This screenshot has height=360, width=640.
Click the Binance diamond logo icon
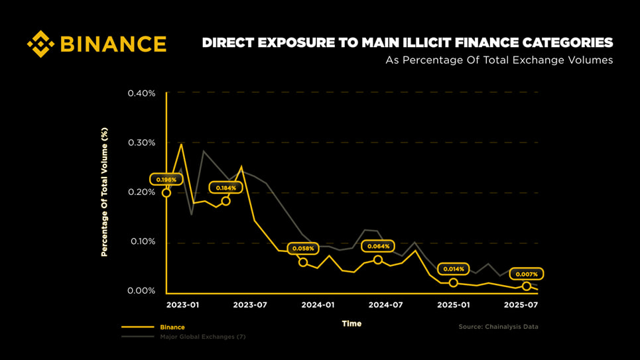pos(40,44)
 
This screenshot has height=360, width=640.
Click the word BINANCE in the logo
pos(113,44)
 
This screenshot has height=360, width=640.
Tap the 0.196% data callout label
pos(166,180)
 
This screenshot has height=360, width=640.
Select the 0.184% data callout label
pos(226,188)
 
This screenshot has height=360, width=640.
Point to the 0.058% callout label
pos(303,249)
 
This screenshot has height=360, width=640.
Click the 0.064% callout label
pos(377,246)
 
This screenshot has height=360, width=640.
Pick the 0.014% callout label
pos(454,269)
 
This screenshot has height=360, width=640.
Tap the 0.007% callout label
pos(527,274)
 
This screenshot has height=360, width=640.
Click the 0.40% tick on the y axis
pos(141,93)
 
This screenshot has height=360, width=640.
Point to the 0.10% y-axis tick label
pos(141,241)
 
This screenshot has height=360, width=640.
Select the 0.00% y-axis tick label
pos(141,291)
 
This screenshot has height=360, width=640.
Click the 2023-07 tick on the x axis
pos(249,305)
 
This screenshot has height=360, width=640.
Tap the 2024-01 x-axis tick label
pos(318,305)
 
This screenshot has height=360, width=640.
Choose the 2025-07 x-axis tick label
pos(520,305)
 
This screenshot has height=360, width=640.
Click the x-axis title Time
pos(352,324)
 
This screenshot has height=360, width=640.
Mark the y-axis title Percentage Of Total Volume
pos(104,192)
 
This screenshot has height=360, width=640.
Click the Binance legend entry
pos(172,327)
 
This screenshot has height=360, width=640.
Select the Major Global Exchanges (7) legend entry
pos(202,337)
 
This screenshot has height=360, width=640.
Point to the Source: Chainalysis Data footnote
pos(498,327)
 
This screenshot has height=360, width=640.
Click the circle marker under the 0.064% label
pos(378,260)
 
